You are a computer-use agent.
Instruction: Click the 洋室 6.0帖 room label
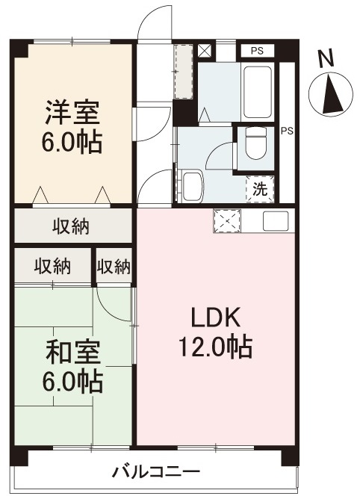tap(73, 126)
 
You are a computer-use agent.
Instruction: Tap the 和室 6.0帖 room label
tap(73, 367)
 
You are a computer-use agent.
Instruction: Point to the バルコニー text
tap(156, 471)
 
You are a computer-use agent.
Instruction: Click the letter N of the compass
tap(326, 59)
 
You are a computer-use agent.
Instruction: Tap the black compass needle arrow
tap(331, 94)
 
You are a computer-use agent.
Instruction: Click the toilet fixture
tap(256, 143)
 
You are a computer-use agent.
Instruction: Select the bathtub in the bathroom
tap(258, 92)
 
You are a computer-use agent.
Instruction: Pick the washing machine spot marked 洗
tap(260, 189)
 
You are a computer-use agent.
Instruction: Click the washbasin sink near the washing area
tap(191, 187)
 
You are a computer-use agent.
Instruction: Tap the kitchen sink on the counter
tap(276, 220)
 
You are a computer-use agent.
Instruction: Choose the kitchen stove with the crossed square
tap(227, 220)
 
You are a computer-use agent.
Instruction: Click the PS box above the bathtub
tap(258, 51)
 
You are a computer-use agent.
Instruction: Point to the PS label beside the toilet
tap(287, 131)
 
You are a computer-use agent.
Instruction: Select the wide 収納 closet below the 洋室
tap(73, 226)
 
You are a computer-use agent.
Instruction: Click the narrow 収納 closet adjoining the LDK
tap(114, 266)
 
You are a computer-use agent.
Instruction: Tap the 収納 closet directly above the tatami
tap(53, 266)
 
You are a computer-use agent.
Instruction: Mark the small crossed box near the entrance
tap(205, 51)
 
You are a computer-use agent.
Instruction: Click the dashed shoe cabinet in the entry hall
tap(183, 72)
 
